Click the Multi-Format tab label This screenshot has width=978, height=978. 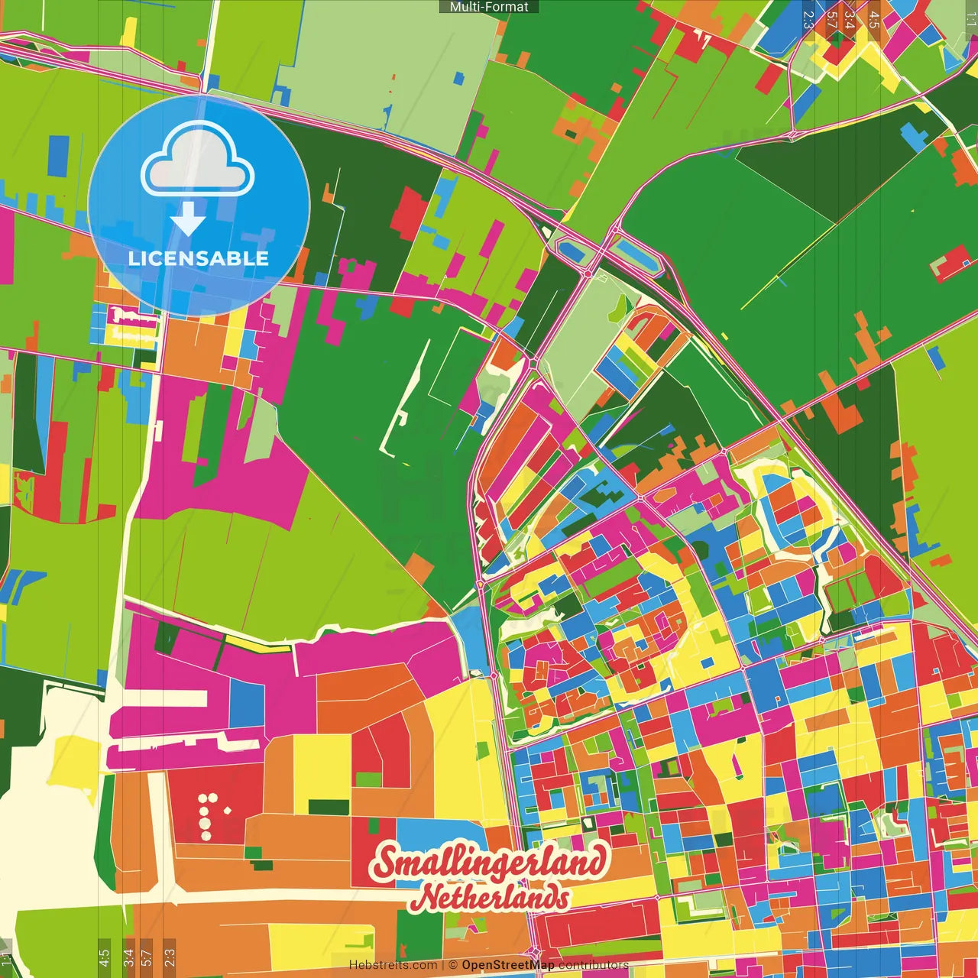[489, 7]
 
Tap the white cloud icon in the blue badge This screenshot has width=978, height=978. [198, 160]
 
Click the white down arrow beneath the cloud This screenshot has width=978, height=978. [188, 220]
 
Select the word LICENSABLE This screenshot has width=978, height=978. [198, 258]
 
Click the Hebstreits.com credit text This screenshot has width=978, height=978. [393, 965]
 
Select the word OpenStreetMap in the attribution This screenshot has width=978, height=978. [507, 965]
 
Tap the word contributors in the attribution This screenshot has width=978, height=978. [594, 965]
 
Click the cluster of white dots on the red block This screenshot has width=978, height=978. [209, 815]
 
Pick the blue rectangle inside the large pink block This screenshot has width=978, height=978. [247, 704]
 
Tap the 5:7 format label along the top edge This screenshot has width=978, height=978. [831, 19]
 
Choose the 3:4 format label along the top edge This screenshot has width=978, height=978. [850, 19]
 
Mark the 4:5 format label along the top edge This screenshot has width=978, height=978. [874, 19]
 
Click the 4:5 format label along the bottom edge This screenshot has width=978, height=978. [104, 957]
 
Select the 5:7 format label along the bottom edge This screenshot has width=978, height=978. [147, 957]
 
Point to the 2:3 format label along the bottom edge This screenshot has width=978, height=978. [169, 957]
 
